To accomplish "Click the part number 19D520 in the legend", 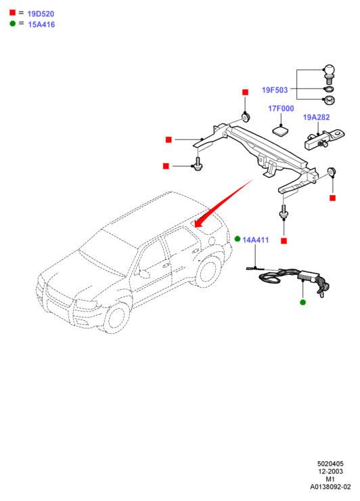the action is click(41, 14).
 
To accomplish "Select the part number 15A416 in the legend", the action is click(41, 24).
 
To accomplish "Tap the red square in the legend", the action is click(12, 12).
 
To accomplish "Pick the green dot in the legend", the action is click(12, 23).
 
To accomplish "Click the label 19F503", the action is click(275, 90).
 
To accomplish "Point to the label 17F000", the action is click(281, 108).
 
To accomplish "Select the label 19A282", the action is click(316, 117).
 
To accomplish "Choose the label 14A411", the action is click(256, 240).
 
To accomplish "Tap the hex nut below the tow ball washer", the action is click(329, 101).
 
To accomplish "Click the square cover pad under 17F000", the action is click(280, 131).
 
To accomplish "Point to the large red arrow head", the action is click(200, 222).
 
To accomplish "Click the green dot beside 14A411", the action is click(238, 239).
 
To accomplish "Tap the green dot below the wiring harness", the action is click(303, 302).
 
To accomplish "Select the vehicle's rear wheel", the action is click(208, 272).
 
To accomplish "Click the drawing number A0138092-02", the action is click(330, 487).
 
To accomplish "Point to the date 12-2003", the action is click(330, 471).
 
